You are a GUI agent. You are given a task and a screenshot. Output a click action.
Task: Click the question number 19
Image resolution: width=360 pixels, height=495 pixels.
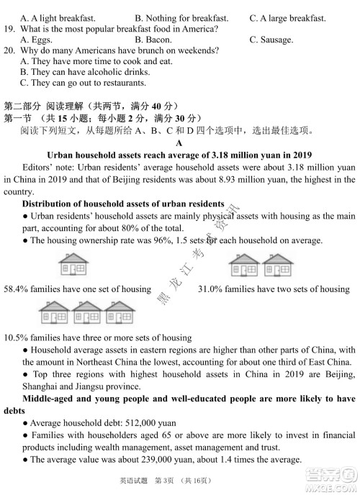point(9,29)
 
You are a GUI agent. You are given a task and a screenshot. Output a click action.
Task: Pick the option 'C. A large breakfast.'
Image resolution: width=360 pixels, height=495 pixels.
point(287,17)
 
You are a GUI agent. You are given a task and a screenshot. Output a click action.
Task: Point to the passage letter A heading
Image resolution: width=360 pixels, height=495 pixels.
point(179,142)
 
